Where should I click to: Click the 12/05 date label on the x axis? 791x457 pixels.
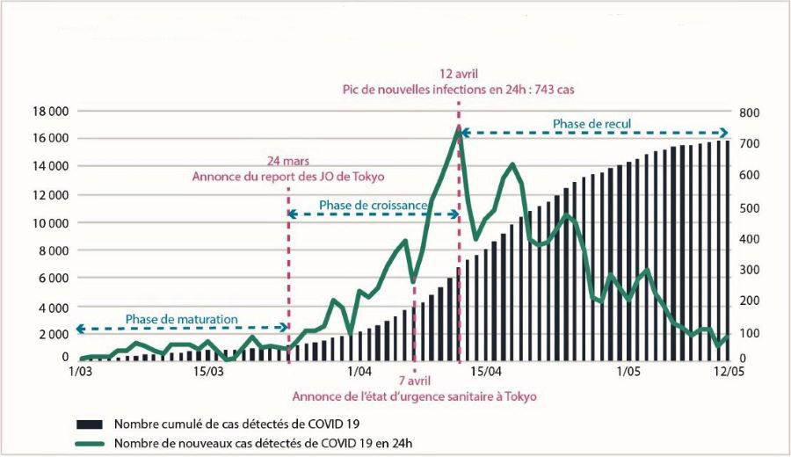point(726,372)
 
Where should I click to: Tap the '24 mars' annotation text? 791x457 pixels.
point(288,161)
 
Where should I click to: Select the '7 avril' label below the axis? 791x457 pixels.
point(414,381)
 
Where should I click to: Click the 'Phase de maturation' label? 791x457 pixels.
point(181,318)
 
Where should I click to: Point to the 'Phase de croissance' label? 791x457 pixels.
point(374,205)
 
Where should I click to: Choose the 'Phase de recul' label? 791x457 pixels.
point(591,123)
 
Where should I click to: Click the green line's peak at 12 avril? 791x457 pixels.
point(458,127)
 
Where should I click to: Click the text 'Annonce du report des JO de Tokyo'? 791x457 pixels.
point(288,176)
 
